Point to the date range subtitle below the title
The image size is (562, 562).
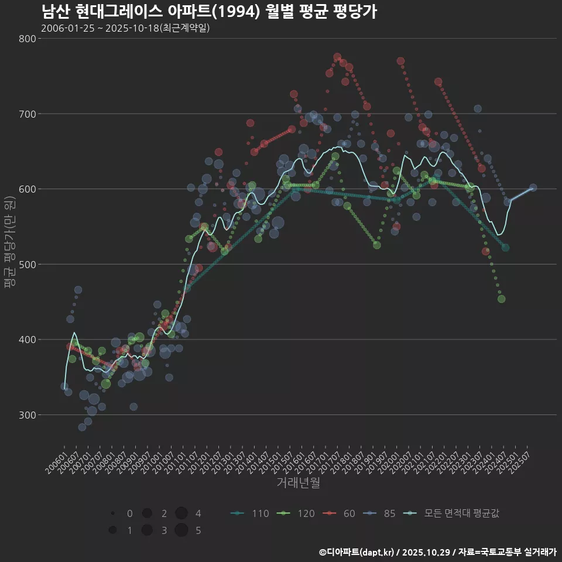pos(125,28)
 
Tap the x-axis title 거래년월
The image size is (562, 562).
pos(298,484)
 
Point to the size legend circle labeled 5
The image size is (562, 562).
pos(181,530)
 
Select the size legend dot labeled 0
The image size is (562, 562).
pos(112,513)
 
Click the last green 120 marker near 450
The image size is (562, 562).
pos(501,299)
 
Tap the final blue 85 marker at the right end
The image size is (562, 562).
pos(533,188)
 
